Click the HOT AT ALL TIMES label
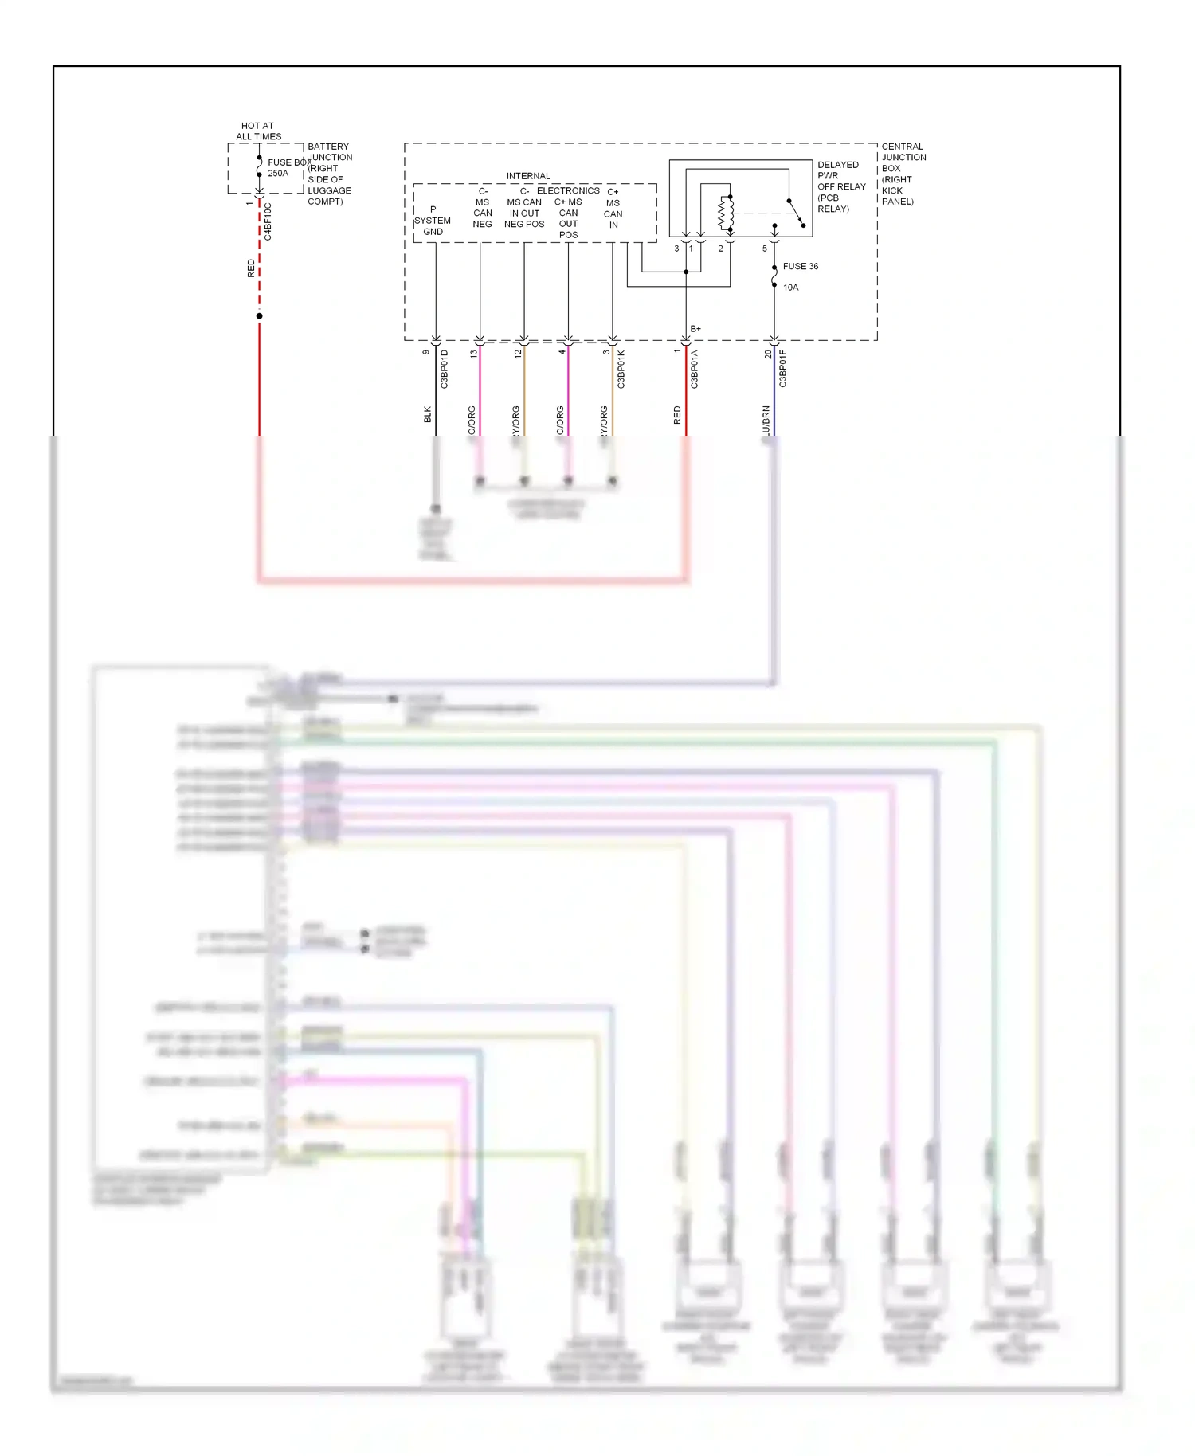(x=258, y=131)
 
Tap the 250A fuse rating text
(x=278, y=174)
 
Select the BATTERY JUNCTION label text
(x=330, y=152)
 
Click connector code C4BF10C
(x=268, y=221)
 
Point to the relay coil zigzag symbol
(x=725, y=213)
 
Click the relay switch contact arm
(x=795, y=213)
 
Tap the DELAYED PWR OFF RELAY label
(x=840, y=186)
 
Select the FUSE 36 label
(x=800, y=266)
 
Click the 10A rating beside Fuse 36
(x=790, y=288)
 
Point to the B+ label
(x=695, y=328)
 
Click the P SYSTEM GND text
(x=433, y=221)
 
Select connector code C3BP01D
(x=445, y=369)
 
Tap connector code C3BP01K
(x=621, y=369)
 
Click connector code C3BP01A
(x=695, y=369)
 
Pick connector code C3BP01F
(x=783, y=369)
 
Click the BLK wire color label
(x=428, y=414)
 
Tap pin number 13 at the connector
(x=474, y=353)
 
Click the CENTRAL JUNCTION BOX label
(x=903, y=174)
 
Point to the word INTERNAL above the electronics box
(x=528, y=176)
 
